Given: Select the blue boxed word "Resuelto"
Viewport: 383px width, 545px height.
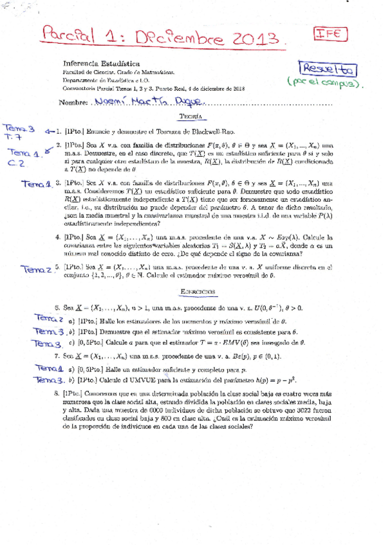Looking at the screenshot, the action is point(327,68).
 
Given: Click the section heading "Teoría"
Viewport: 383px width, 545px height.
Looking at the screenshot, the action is point(191,117).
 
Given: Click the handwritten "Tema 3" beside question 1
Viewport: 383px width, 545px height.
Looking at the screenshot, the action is point(19,128).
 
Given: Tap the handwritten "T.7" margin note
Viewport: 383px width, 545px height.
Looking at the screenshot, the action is point(14,138).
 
